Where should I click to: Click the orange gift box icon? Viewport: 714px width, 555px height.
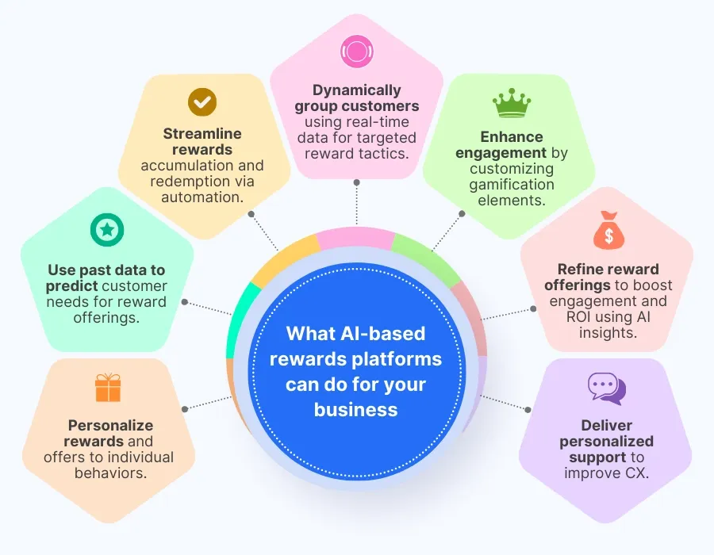pos(107,387)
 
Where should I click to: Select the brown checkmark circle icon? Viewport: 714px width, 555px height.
pos(202,102)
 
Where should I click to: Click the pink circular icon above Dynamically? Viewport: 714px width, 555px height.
pos(356,52)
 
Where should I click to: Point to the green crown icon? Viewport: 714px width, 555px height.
pos(512,104)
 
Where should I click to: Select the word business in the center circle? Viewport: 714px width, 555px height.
pos(355,409)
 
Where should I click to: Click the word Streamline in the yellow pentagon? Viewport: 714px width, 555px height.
pos(202,134)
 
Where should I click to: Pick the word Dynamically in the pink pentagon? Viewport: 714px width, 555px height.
pos(356,90)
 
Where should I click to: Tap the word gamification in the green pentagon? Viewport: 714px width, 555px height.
pos(512,185)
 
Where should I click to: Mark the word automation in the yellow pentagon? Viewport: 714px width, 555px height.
pos(202,197)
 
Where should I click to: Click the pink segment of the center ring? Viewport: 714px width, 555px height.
pos(355,237)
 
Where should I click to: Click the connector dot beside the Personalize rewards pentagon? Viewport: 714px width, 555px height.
pos(185,409)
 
